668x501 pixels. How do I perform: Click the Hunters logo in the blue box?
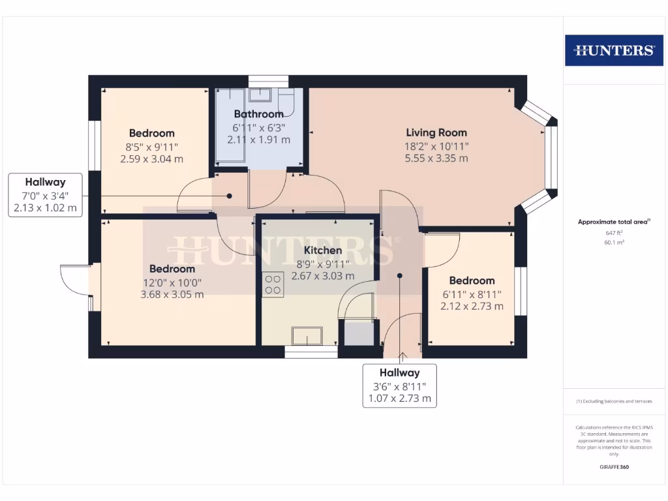tap(613, 50)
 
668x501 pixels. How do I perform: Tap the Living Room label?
tap(436, 132)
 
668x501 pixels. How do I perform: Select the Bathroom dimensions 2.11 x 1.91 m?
tap(258, 140)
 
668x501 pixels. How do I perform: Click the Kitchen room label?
tap(322, 250)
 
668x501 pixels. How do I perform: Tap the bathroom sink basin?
tap(267, 96)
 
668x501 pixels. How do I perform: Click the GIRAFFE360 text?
tap(613, 467)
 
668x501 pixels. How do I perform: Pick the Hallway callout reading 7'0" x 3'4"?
tap(45, 195)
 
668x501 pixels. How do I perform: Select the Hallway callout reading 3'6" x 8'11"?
tap(400, 386)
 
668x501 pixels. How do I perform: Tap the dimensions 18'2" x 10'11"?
tap(436, 146)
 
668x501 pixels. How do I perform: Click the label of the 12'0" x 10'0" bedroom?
tap(172, 269)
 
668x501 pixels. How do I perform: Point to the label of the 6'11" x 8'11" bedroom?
tap(472, 281)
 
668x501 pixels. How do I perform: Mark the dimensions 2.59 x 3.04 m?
tap(151, 158)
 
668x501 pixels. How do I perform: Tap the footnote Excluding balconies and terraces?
tap(613, 401)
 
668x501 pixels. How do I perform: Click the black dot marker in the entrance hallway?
tap(400, 275)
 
